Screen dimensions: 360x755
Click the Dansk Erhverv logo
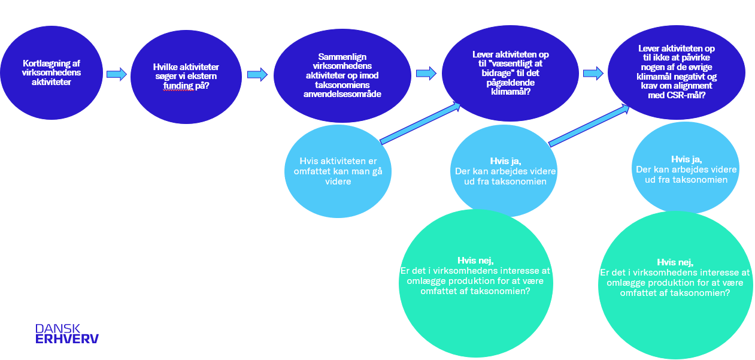click(x=66, y=334)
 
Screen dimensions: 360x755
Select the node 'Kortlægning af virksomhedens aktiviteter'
click(x=51, y=72)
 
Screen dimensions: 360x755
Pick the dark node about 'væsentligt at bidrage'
click(x=510, y=72)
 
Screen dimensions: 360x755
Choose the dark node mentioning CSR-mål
click(x=677, y=71)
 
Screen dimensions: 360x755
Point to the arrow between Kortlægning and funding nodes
click(x=117, y=74)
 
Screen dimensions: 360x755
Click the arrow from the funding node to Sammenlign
click(x=257, y=74)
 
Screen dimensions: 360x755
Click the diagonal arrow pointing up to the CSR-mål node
click(x=589, y=125)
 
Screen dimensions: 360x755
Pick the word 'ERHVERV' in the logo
click(x=66, y=339)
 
